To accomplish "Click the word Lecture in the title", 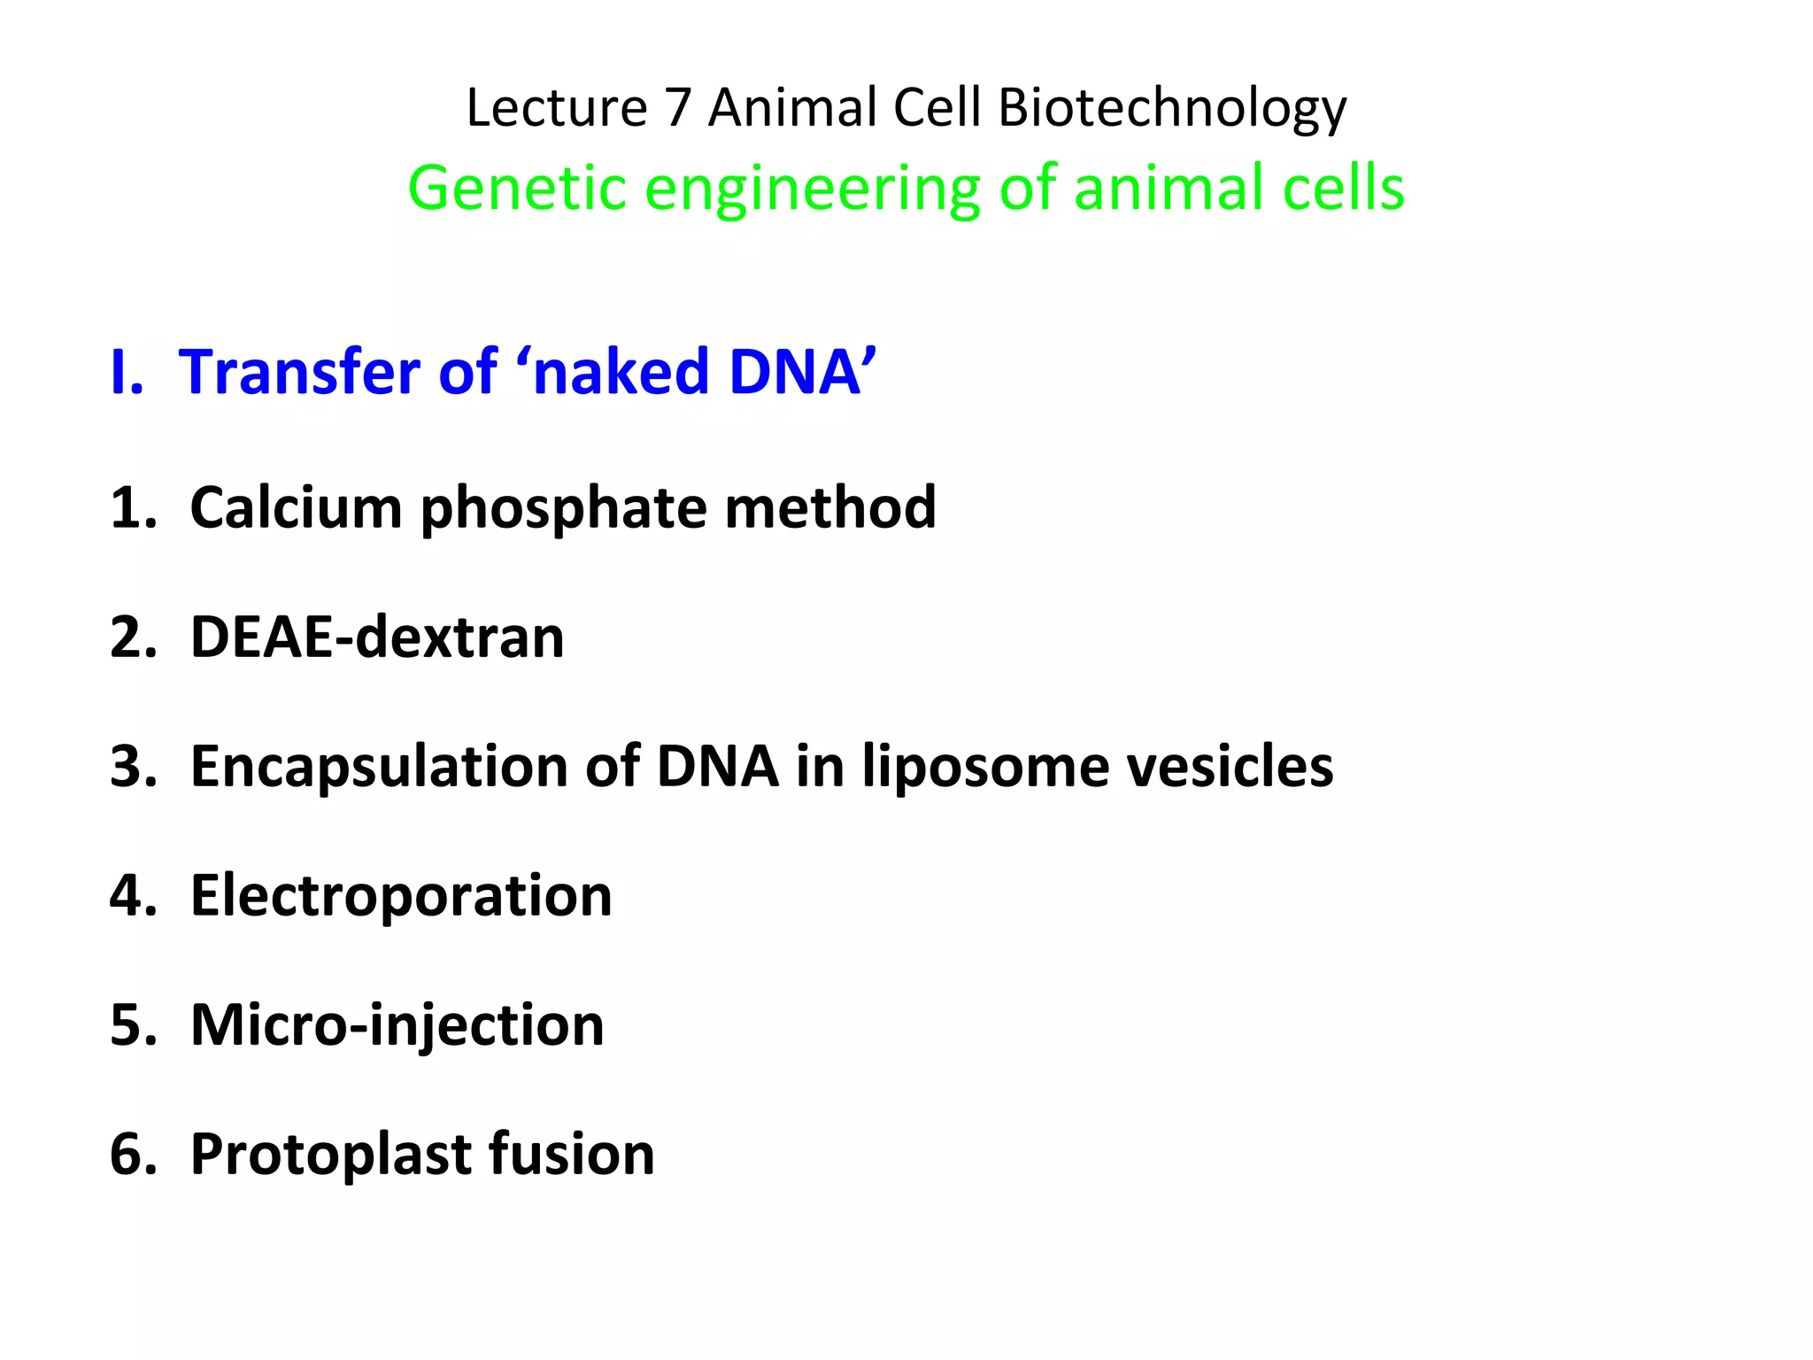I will point(557,108).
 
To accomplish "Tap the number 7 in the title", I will point(677,108).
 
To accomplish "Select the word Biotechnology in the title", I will point(1172,110).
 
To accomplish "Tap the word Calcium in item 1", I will point(296,508).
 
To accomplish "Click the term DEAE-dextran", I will point(377,637).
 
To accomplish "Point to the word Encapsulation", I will point(379,768).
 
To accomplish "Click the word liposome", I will point(985,768).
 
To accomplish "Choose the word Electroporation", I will point(401,897).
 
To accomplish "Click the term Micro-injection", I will point(397,1026).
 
